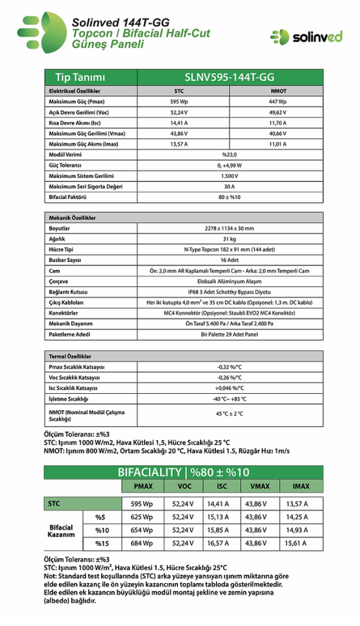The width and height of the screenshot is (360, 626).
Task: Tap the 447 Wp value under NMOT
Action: pos(277,102)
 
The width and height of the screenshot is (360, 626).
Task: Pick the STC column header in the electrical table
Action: pos(179,91)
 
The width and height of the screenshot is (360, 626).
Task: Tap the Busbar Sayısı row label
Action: pos(65,260)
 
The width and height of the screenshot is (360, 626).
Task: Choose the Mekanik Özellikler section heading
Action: pos(73,217)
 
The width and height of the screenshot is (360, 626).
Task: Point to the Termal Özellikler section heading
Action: pos(70,357)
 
